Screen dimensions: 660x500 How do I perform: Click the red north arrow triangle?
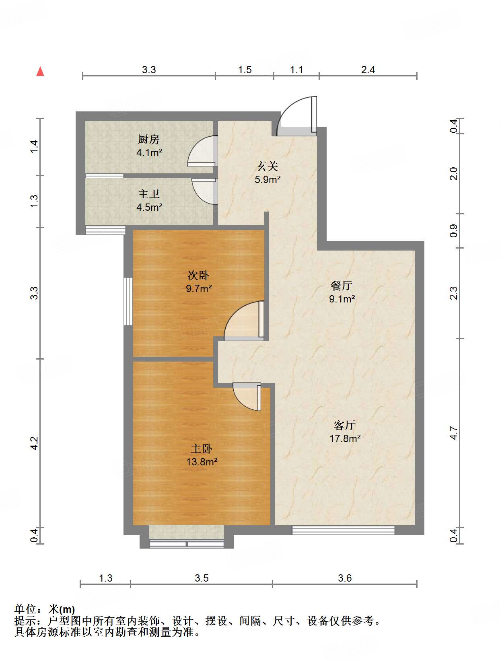click(x=40, y=72)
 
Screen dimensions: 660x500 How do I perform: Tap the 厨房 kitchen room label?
click(x=149, y=139)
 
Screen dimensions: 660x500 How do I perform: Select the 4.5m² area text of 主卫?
click(x=149, y=208)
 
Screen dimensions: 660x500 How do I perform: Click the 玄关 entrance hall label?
click(x=267, y=166)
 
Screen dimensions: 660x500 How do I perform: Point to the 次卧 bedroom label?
click(x=198, y=276)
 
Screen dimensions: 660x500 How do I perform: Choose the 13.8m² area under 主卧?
click(x=202, y=462)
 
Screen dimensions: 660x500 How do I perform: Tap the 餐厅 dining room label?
click(x=342, y=286)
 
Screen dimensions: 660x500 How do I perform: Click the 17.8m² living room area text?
click(x=345, y=438)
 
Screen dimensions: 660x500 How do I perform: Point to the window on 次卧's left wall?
click(x=128, y=301)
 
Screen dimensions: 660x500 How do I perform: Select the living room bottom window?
click(x=343, y=530)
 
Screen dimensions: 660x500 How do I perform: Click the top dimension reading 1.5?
click(x=245, y=70)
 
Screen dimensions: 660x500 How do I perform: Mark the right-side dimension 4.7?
click(x=454, y=433)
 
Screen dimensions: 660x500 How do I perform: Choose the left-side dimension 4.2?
click(x=34, y=443)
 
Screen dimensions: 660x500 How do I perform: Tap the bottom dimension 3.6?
click(x=345, y=578)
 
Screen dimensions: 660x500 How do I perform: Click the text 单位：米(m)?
click(x=45, y=610)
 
